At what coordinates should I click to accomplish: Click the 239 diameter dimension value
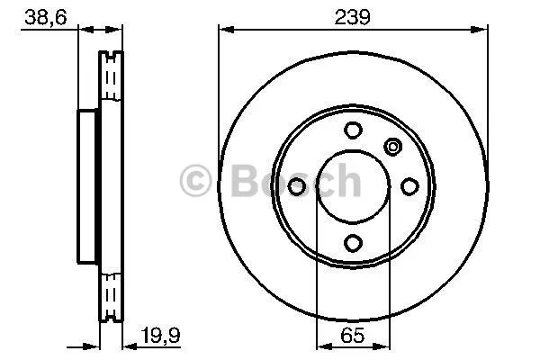(x=352, y=17)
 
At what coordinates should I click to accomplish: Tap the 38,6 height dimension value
(x=46, y=17)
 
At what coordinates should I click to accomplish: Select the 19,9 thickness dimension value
(x=160, y=335)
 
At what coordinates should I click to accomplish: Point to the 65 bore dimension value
(x=352, y=335)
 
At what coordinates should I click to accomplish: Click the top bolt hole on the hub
(x=353, y=130)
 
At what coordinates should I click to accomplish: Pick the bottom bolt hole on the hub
(x=353, y=243)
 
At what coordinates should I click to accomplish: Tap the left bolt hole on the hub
(x=296, y=186)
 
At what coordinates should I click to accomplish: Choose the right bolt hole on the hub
(x=409, y=186)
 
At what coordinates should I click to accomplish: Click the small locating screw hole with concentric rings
(x=392, y=147)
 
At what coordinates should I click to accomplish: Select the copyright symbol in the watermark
(x=195, y=180)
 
